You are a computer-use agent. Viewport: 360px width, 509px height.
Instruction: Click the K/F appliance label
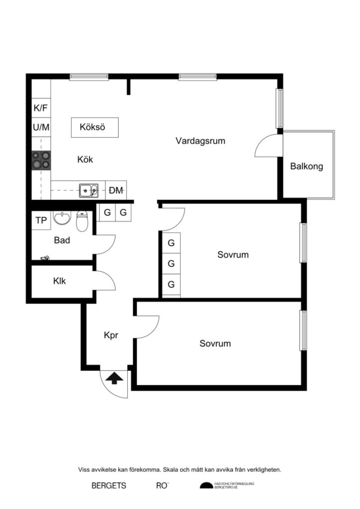coord(41,108)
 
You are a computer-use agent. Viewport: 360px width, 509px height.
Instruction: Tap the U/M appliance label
coord(41,127)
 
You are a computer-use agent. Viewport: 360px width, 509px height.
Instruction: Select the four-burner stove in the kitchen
coord(41,160)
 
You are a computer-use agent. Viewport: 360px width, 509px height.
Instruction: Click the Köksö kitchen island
coord(94,127)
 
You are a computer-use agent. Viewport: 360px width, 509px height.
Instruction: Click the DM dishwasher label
coord(116,190)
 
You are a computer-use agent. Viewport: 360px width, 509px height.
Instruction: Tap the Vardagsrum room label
coord(200,141)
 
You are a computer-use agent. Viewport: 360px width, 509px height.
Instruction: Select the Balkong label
coord(307,167)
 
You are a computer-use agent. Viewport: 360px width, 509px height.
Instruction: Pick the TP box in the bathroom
coord(41,221)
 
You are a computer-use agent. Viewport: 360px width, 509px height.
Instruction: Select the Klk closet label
coord(60,281)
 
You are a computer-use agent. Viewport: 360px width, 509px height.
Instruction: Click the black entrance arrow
coord(114,378)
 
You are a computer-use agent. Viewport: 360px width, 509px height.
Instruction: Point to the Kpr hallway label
coord(111,336)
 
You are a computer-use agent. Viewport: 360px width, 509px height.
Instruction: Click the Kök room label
coord(85,160)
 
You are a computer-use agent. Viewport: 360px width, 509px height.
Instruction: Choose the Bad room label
coord(62,241)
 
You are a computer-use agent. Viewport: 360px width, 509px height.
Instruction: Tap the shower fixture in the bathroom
coord(45,257)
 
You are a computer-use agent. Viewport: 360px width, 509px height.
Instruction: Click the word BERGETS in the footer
coord(109,486)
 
